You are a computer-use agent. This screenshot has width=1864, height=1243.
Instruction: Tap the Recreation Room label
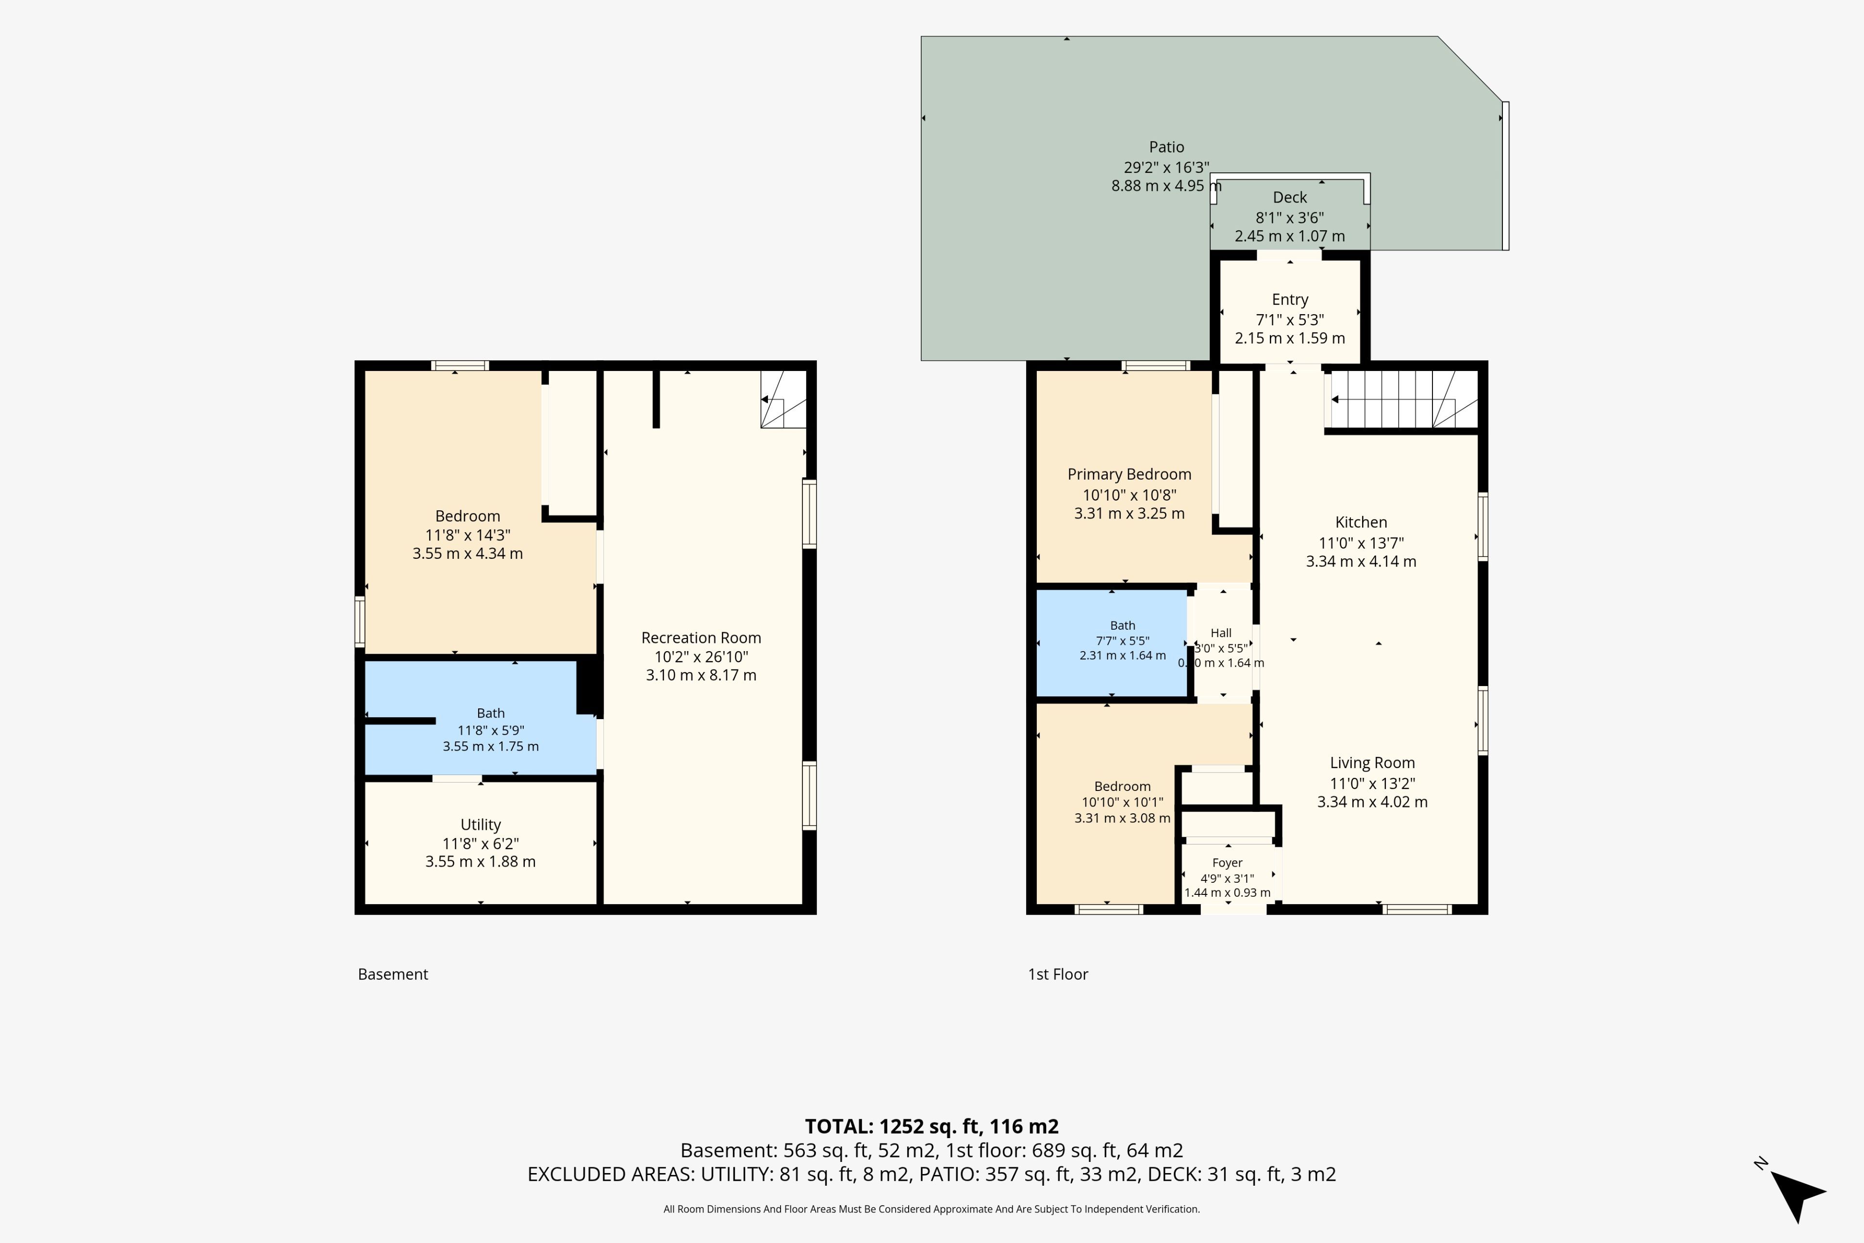coord(700,638)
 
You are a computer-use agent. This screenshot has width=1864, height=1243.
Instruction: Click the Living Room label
coord(1372,763)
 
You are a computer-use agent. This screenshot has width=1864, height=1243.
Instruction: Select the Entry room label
coord(1289,300)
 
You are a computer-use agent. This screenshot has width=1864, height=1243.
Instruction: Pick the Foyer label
coord(1227,862)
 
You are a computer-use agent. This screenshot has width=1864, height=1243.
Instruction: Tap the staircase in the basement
coord(783,400)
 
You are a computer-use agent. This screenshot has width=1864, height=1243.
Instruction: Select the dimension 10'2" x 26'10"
coord(700,657)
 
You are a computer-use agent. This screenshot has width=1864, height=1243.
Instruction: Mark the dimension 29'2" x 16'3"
coord(1166,167)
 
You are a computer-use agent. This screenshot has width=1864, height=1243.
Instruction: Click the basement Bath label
coord(491,713)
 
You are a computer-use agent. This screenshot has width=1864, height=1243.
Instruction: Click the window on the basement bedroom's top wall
coord(460,366)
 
